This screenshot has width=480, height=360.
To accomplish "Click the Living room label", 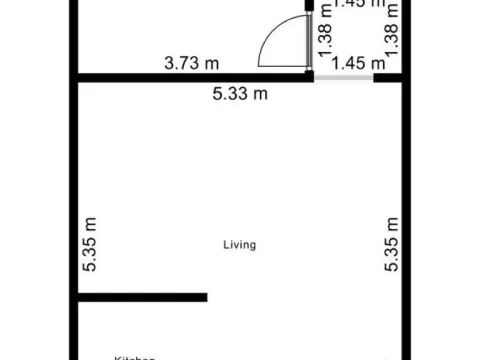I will (240, 244).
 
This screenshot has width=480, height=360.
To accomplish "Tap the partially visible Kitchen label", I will (135, 356).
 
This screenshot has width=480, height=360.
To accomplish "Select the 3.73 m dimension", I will (192, 63).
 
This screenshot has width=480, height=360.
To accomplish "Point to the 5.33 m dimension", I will (240, 94).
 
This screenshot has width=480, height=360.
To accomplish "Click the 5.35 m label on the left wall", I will (89, 245).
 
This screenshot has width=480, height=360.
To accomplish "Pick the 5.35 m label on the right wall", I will (392, 245).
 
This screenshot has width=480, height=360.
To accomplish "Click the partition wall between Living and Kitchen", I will (140, 297).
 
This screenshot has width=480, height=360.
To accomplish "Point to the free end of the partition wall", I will (204, 297).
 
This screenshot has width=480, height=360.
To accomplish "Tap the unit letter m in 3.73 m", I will (211, 63).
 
